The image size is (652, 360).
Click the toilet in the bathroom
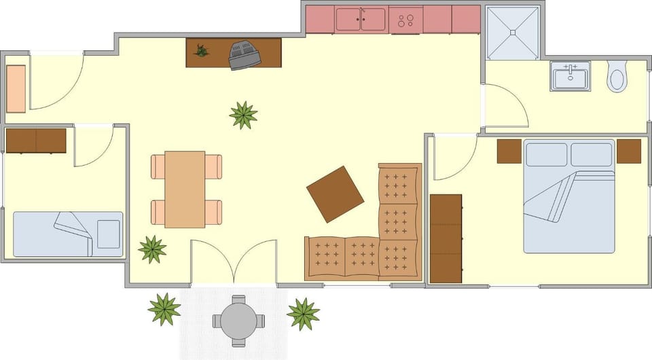pos(617,76)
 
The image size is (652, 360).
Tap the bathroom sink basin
pos(570,77)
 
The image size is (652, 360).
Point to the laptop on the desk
pos(244,54)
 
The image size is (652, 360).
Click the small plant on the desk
pos(200,50)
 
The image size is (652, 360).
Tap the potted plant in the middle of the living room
pos(243,115)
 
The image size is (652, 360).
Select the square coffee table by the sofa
pos(335,194)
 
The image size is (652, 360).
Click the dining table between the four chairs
pos(185,189)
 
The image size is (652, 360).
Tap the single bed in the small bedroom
pos(68,234)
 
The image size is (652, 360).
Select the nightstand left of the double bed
pos(509,151)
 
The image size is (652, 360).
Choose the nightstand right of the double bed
pos(629,151)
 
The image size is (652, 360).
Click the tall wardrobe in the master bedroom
pos(446,238)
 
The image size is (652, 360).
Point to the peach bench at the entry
pos(16,88)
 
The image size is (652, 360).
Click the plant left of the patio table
pos(164,309)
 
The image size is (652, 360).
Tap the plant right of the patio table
pos(303,314)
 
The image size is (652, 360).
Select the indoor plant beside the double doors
pos(153,249)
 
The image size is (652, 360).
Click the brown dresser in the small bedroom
pos(36,141)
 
